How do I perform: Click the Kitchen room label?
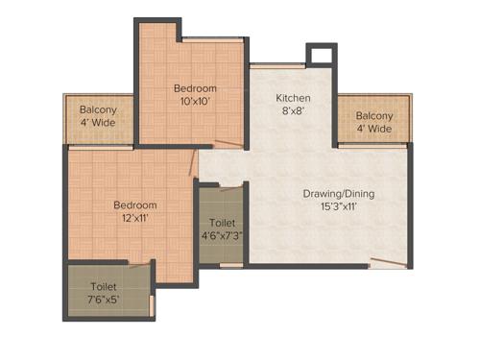pyautogui.click(x=293, y=98)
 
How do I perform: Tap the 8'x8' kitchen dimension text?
pyautogui.click(x=293, y=111)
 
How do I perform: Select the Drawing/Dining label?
pyautogui.click(x=338, y=194)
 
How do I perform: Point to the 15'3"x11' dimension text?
pyautogui.click(x=339, y=207)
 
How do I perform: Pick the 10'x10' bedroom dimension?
pyautogui.click(x=195, y=100)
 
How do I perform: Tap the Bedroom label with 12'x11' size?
pyautogui.click(x=135, y=204)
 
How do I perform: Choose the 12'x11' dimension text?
pyautogui.click(x=135, y=218)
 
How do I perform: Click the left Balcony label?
pyautogui.click(x=98, y=109)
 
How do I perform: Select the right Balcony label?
pyautogui.click(x=374, y=115)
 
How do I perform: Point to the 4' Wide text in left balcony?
pyautogui.click(x=98, y=124)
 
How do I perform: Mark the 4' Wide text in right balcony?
pyautogui.click(x=374, y=129)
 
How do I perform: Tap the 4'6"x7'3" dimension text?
pyautogui.click(x=221, y=234)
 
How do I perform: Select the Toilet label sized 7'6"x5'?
pyautogui.click(x=104, y=285)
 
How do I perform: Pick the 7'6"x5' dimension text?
pyautogui.click(x=104, y=300)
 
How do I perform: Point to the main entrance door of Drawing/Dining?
pyautogui.click(x=388, y=263)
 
